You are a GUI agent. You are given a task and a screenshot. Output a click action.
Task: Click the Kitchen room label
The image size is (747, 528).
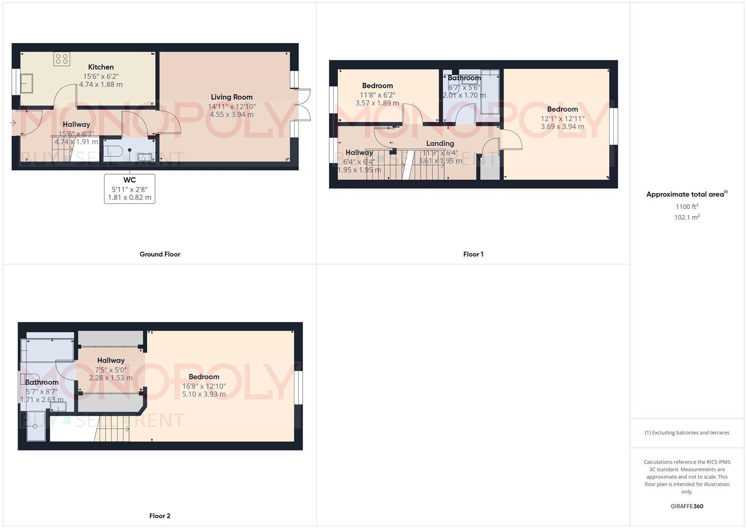[101, 67]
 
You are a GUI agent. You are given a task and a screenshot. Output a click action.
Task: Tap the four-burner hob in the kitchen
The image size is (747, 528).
[62, 59]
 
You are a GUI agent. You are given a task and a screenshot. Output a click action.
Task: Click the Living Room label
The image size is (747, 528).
[231, 97]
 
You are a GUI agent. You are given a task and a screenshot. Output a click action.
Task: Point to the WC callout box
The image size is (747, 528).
[130, 189]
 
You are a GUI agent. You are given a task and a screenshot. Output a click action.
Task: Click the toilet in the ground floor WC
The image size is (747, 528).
[111, 149]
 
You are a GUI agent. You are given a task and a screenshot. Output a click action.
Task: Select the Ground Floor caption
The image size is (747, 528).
[159, 254]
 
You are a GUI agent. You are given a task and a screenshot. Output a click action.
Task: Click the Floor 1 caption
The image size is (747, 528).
[473, 254]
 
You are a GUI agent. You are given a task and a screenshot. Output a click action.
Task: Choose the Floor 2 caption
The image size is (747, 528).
[159, 516]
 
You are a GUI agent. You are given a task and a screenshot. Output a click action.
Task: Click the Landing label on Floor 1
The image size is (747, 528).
[440, 143]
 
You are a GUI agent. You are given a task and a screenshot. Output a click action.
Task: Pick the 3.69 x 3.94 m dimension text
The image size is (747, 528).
[562, 127]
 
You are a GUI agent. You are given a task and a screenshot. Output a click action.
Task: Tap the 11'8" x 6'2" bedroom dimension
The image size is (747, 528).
[377, 95]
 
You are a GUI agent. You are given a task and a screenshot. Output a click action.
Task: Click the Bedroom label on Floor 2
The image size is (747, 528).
[204, 377]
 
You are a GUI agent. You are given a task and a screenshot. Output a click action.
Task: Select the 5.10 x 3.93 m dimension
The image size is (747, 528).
[204, 394]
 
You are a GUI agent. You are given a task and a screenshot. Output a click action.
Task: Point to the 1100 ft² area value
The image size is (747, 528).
[687, 207]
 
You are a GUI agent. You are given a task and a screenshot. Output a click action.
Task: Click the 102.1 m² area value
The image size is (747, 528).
[687, 218]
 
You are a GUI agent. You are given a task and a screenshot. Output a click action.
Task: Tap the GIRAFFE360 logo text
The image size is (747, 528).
[687, 506]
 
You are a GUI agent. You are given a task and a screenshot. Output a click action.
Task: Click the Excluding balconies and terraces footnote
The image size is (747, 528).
[687, 433]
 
